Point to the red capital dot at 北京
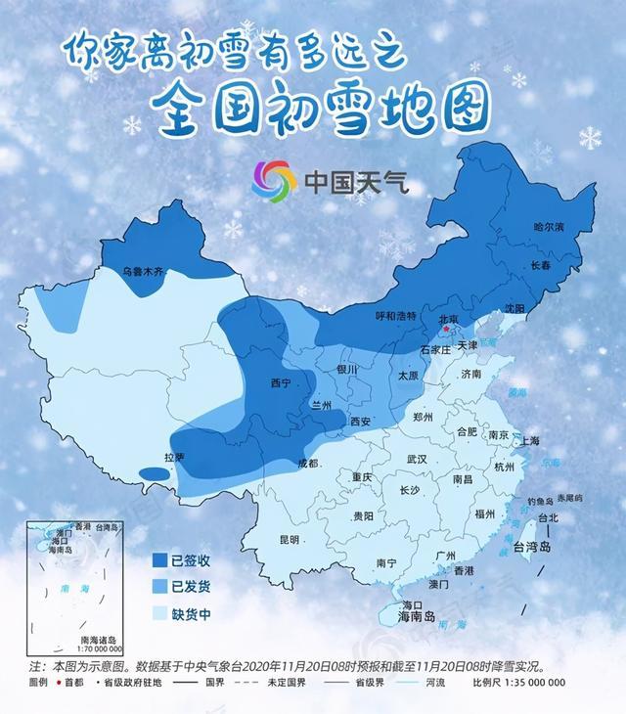(x=445, y=330)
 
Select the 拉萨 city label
(x=174, y=457)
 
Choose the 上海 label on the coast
(x=531, y=440)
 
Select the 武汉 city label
(x=418, y=459)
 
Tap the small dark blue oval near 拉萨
(x=153, y=474)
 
